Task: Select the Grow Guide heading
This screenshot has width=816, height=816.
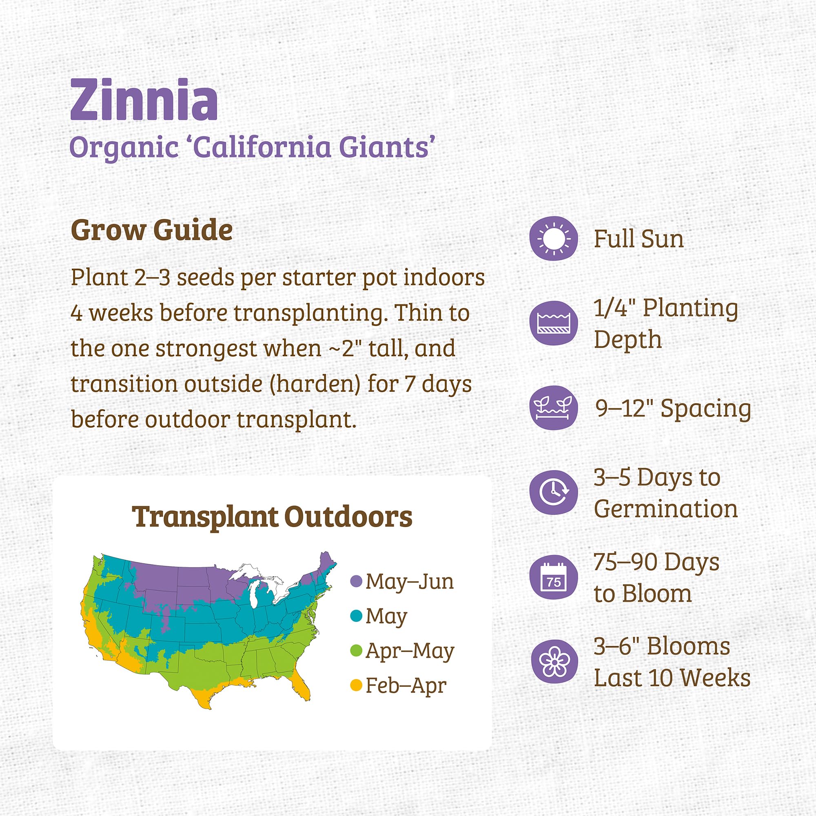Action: pos(151,230)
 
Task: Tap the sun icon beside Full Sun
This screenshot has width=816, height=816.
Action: pos(553,239)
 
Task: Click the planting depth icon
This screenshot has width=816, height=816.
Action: pos(553,323)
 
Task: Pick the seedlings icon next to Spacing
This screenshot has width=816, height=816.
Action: pos(553,408)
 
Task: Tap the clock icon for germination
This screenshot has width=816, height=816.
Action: pos(553,492)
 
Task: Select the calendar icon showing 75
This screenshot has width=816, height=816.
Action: pos(553,577)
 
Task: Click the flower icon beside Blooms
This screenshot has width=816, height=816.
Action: pos(553,661)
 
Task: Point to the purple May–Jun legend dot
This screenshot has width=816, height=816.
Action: pos(357,581)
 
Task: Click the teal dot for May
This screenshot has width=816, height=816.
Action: pos(357,616)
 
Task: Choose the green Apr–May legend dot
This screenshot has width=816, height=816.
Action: pos(357,650)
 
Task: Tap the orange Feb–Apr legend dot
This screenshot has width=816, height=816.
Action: pos(357,685)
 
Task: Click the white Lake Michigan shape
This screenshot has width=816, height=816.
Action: pos(254,593)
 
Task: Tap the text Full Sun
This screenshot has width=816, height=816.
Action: pos(639,239)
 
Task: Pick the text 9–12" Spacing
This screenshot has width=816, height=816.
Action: pos(673,408)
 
